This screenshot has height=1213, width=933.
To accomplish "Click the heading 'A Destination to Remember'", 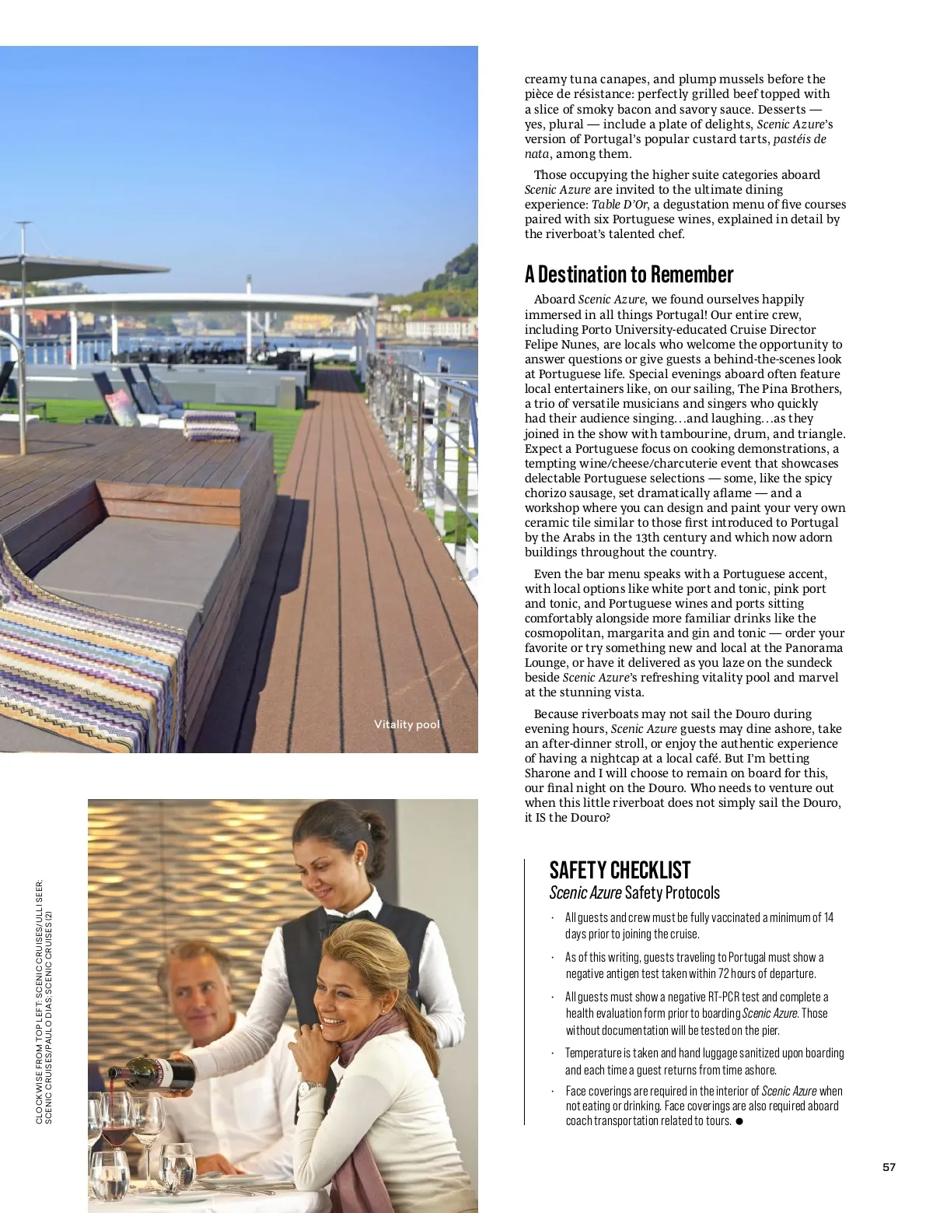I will click(628, 275).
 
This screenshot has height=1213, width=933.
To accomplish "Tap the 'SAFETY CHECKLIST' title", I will click(620, 870).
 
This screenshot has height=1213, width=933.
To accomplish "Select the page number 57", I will click(889, 1167).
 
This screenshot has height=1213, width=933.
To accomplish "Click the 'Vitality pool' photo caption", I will click(407, 724).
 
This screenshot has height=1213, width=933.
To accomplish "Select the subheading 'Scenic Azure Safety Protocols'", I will click(634, 892).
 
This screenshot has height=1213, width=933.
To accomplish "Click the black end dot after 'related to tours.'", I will click(739, 1121).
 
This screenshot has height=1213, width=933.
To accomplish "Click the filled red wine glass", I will click(115, 1120).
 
